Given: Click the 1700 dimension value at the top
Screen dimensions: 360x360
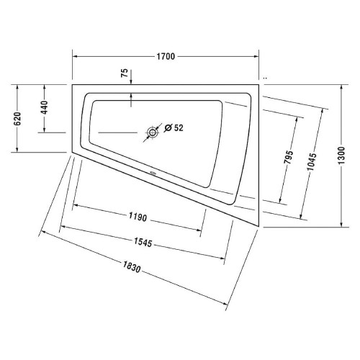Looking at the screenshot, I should (166, 56).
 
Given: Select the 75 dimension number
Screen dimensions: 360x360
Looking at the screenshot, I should (125, 73).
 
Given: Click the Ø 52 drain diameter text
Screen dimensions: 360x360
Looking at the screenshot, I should (174, 127).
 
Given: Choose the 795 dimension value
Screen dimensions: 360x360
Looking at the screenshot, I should (289, 158).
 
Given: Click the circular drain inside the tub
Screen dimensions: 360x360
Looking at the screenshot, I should (153, 132).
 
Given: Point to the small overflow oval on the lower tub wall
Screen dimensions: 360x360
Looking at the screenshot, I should (153, 174).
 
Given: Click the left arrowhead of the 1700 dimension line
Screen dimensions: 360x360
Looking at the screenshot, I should (75, 56).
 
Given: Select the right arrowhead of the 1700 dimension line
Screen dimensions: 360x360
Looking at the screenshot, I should (257, 56).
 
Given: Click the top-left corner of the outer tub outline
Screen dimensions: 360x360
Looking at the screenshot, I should (72, 84).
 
